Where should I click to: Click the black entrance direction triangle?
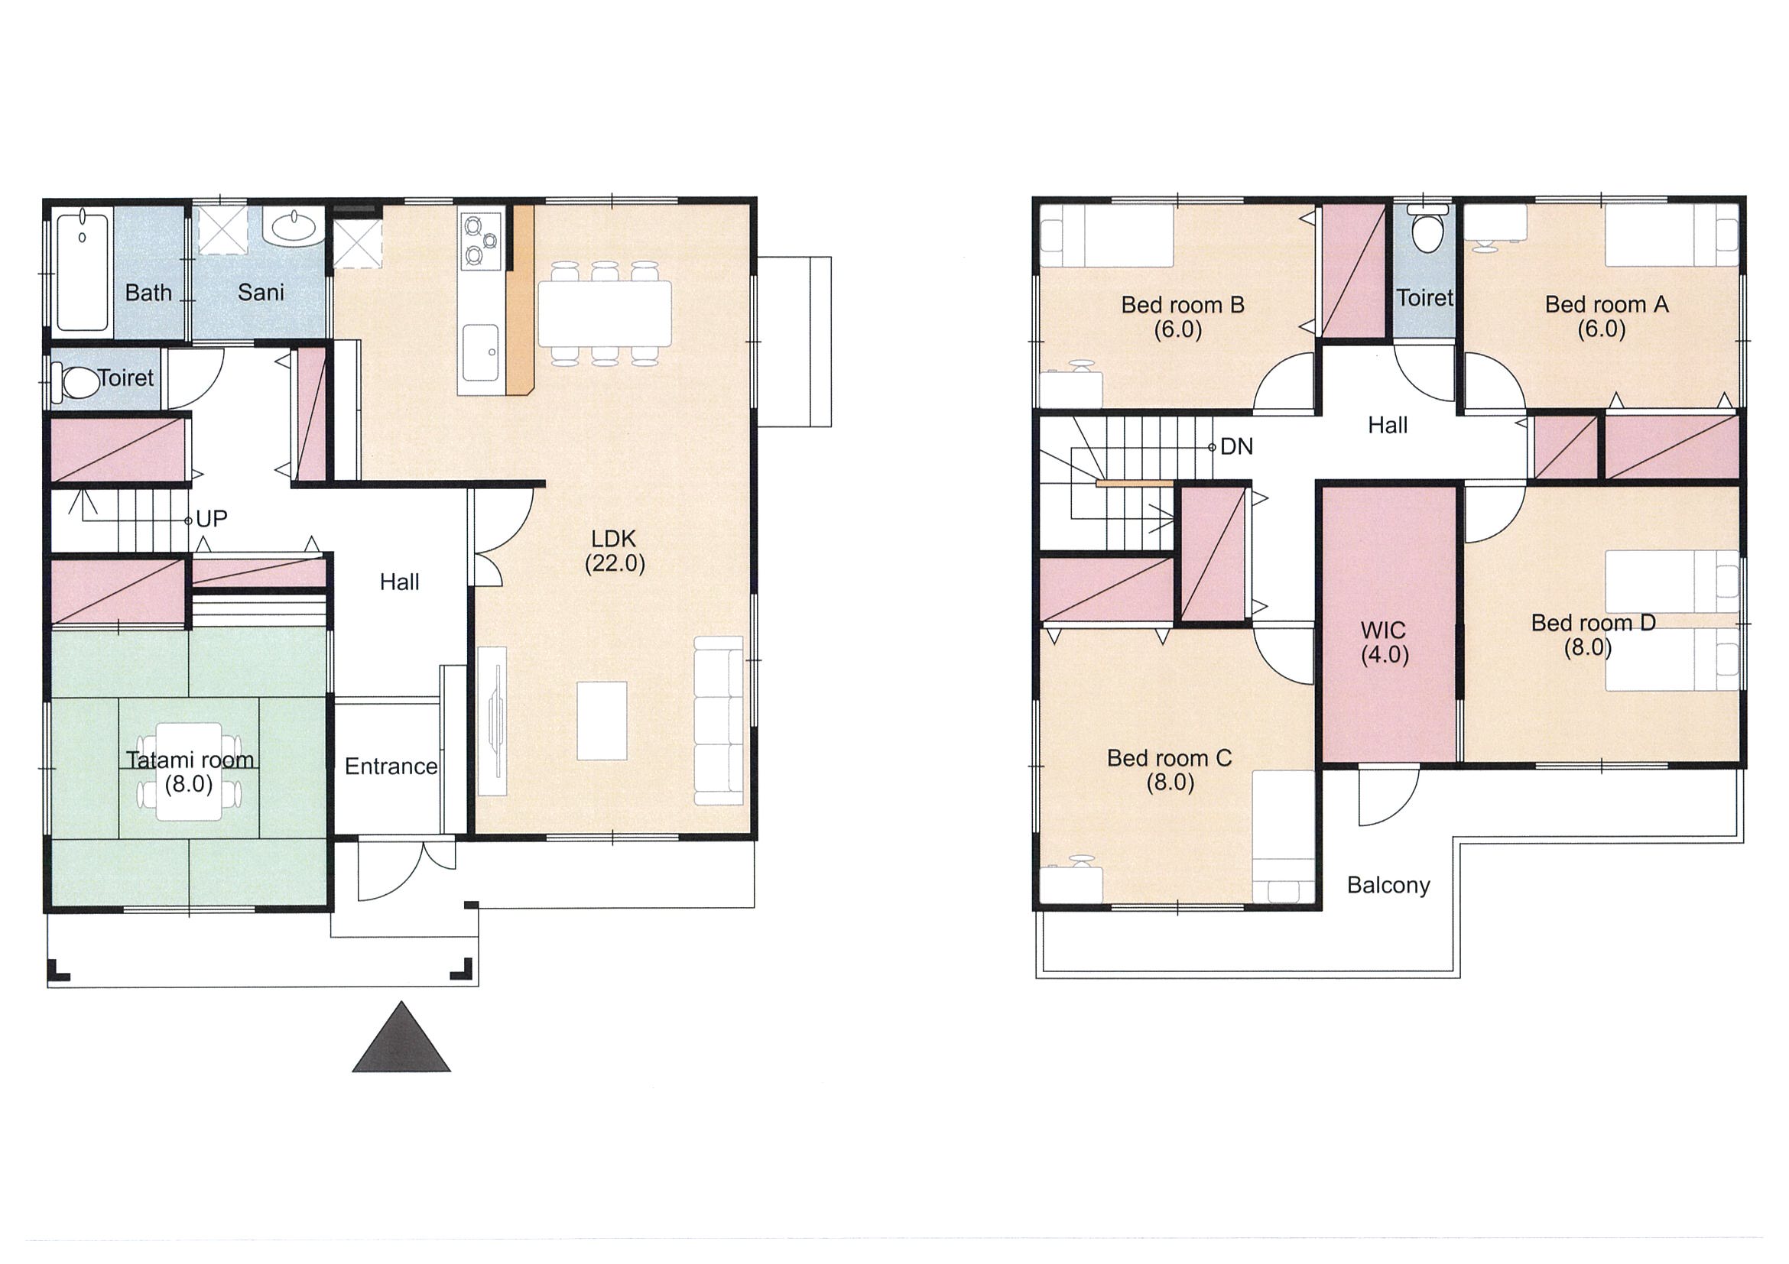point(401,1038)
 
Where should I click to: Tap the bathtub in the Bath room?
point(82,271)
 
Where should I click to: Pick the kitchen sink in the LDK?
point(481,353)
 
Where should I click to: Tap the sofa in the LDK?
point(719,721)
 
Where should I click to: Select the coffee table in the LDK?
point(602,721)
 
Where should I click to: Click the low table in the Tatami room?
point(189,771)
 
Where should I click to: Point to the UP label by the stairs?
point(211,520)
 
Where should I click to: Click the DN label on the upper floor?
point(1236,447)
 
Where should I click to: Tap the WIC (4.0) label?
point(1385,643)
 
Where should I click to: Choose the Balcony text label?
point(1388,886)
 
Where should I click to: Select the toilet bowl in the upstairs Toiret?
point(1428,229)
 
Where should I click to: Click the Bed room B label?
point(1182,304)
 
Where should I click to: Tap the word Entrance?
point(391,767)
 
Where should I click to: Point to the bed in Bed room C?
point(1284,837)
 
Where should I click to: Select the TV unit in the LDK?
point(492,721)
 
